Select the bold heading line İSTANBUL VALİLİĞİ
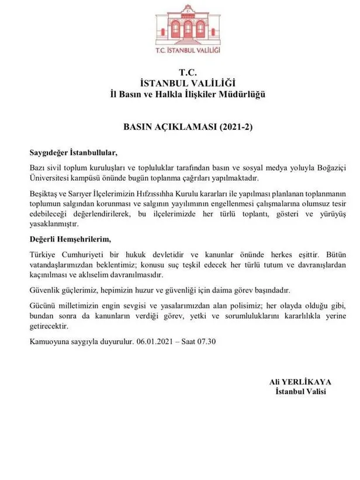click(x=181, y=83)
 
